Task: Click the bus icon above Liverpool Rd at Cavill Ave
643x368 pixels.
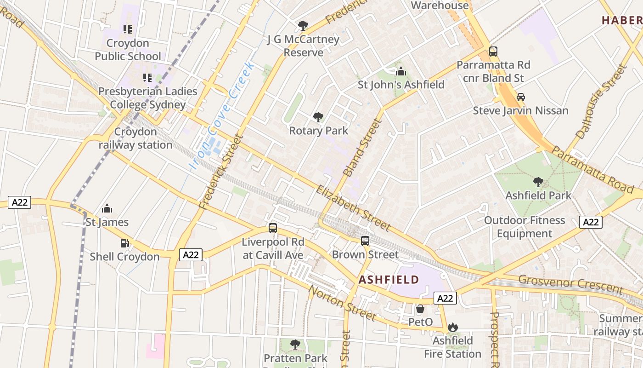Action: pos(273,228)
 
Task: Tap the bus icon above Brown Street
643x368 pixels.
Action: pos(365,241)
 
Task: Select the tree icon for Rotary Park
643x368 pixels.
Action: pos(318,117)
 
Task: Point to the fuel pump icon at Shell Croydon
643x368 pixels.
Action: pos(124,243)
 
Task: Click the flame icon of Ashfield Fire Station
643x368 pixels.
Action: pos(452,328)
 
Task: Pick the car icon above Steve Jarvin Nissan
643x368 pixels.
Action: pos(521,97)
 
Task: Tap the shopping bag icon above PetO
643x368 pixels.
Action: pos(420,309)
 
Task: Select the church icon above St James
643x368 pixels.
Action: pos(107,208)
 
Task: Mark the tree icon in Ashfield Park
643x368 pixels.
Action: pos(538,182)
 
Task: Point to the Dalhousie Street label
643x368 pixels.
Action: pos(601,102)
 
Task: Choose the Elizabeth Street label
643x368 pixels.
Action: pos(353,208)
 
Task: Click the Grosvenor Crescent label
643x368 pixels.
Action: pos(570,284)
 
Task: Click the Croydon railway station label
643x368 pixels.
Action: pos(135,138)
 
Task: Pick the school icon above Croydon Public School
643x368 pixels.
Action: pos(128,29)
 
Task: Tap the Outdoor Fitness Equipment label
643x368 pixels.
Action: pos(525,227)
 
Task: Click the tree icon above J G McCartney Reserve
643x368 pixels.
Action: pos(303,26)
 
